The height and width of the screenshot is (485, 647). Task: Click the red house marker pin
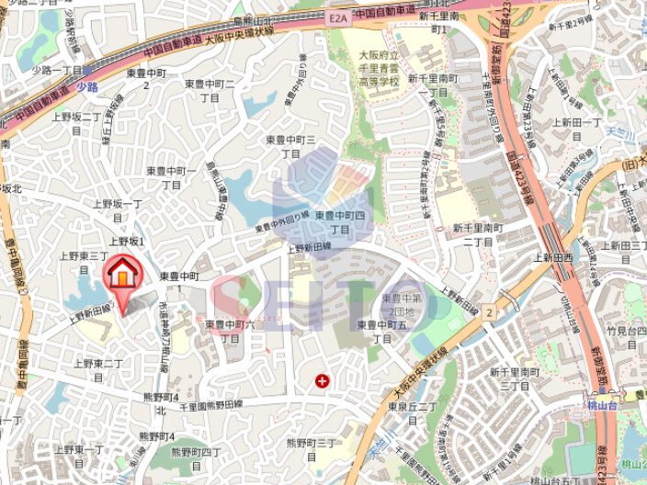(x=120, y=276)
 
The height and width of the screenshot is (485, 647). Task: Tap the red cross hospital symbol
(x=322, y=379)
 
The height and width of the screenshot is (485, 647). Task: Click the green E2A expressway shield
(x=335, y=16)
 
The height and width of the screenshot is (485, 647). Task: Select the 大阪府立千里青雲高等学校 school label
(x=379, y=69)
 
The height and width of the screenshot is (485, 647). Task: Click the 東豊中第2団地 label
(x=403, y=304)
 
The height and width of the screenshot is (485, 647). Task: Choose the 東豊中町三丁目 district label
(x=290, y=146)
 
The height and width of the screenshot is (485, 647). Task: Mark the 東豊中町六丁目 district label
(x=230, y=331)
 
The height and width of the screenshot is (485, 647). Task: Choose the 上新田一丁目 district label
(x=574, y=128)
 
